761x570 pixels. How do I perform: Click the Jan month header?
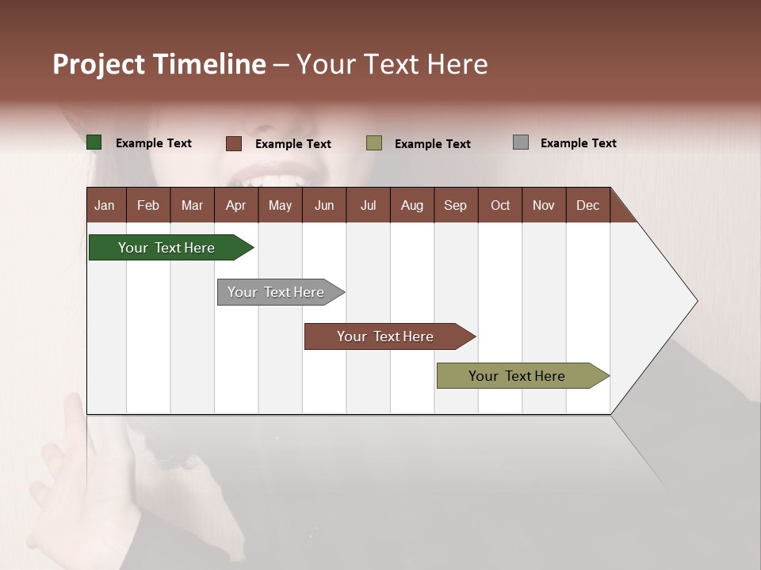tap(105, 205)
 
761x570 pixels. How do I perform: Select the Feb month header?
tap(148, 205)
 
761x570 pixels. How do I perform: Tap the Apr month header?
tap(235, 205)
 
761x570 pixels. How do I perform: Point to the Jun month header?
tap(324, 205)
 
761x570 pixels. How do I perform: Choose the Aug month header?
tap(411, 205)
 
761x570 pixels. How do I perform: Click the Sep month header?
tap(455, 205)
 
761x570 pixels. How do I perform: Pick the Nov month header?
tap(543, 205)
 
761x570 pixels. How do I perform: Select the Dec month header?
tap(587, 205)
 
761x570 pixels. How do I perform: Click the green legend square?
tap(94, 142)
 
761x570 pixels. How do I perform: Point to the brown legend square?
tap(234, 143)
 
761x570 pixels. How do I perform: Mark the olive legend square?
tap(374, 143)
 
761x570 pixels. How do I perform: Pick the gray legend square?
tap(521, 142)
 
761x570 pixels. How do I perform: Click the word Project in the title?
tap(98, 64)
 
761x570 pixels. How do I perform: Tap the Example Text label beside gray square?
tap(578, 143)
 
